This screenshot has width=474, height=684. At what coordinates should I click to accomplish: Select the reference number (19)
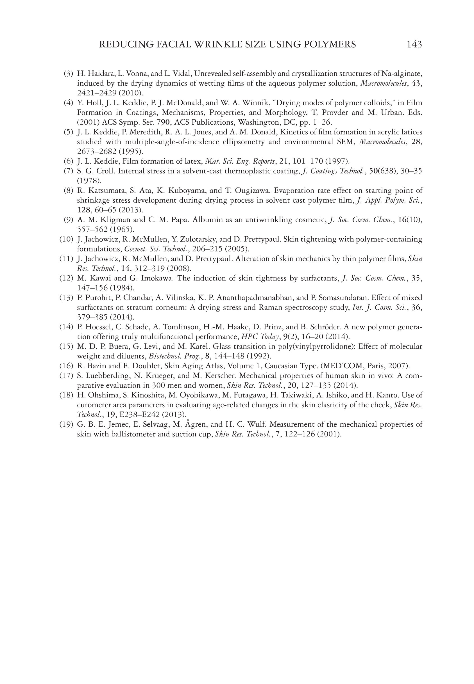[x=66, y=424]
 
